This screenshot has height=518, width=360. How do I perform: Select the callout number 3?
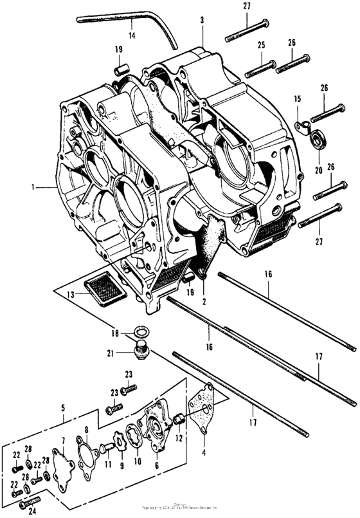click(x=202, y=21)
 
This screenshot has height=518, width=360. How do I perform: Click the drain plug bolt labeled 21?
click(x=141, y=351)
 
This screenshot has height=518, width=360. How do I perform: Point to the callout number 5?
click(x=62, y=407)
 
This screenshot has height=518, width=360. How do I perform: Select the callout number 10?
click(x=136, y=461)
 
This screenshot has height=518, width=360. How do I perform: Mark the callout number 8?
click(x=85, y=430)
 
